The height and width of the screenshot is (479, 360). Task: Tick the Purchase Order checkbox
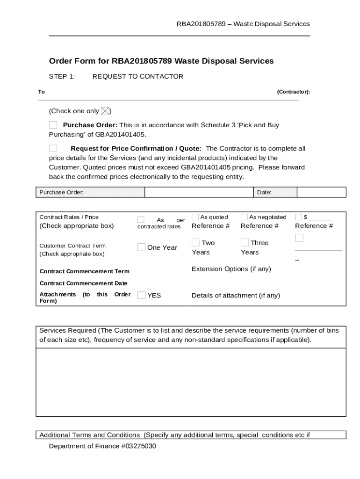[x=53, y=125]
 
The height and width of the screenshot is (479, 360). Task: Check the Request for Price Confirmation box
[x=53, y=148]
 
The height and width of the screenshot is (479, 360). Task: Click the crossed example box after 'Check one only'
[x=106, y=111]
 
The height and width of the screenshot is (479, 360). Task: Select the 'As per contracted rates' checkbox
[x=141, y=220]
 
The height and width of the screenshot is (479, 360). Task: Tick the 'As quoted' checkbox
[x=195, y=217]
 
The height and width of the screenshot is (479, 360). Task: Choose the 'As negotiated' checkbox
[x=244, y=217]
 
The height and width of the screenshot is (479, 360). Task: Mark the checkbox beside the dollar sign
[x=298, y=217]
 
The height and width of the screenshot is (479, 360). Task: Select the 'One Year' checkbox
[x=141, y=247]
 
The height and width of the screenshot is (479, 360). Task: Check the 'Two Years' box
[x=196, y=242]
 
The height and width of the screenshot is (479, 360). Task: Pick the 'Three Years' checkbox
[x=245, y=242]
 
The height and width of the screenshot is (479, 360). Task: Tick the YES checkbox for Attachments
[x=141, y=295]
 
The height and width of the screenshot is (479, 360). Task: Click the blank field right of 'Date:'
[x=321, y=192]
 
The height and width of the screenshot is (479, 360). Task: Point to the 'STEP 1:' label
[x=62, y=77]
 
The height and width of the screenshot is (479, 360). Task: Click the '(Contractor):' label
[x=293, y=92]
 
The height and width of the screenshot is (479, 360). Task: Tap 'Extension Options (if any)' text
[x=231, y=269]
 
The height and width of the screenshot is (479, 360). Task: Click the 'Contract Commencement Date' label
[x=83, y=283]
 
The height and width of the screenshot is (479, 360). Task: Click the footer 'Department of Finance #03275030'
[x=102, y=446]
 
